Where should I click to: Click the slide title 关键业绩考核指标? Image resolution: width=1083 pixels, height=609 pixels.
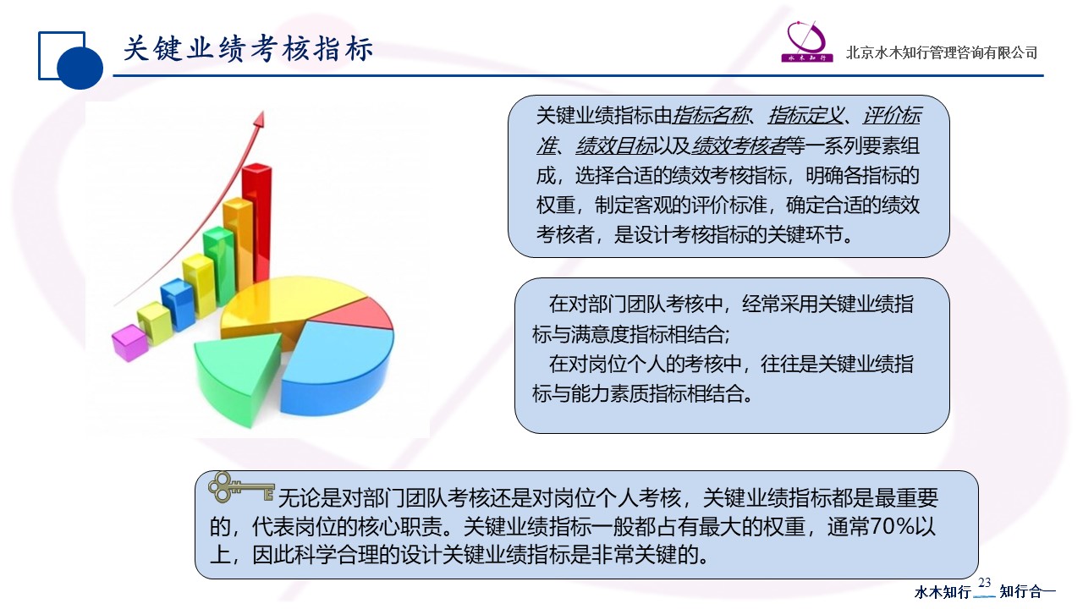[248, 49]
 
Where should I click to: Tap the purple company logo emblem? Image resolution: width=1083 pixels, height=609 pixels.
[806, 41]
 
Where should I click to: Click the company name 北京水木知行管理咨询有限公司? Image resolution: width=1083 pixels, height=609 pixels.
[942, 52]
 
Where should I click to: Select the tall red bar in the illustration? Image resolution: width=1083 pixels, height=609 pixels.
[257, 222]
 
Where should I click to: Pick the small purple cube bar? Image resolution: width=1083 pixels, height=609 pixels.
[129, 343]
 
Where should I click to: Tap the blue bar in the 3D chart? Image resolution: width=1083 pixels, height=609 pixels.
[177, 304]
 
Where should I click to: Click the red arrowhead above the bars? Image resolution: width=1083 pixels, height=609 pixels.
[260, 119]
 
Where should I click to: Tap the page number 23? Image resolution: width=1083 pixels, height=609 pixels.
[984, 583]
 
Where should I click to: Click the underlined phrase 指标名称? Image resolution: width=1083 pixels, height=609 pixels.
[711, 116]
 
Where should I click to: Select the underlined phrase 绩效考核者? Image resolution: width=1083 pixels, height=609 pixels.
[739, 145]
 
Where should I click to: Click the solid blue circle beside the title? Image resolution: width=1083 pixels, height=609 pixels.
[80, 67]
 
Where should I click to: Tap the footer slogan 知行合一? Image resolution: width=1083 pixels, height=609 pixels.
[1027, 591]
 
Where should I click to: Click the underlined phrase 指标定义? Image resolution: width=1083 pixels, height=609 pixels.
[805, 116]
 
